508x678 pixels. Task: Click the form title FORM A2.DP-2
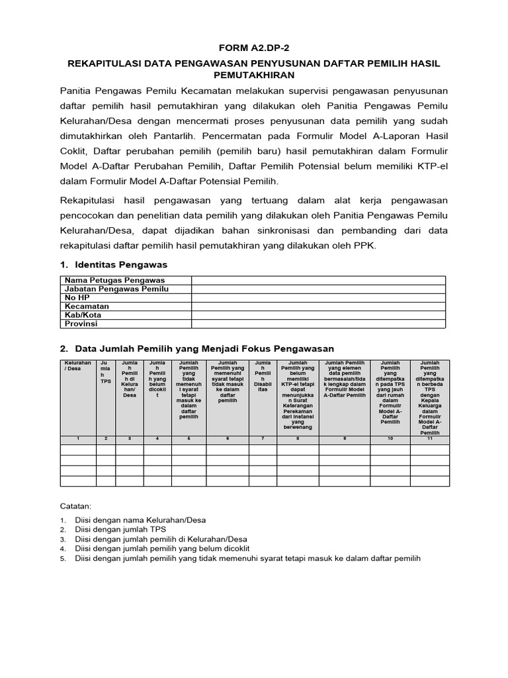(x=254, y=49)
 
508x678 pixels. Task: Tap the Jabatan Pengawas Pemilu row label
(x=116, y=289)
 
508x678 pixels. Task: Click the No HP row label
(x=75, y=298)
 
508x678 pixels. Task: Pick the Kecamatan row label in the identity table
(x=87, y=307)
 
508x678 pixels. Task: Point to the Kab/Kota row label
(x=84, y=315)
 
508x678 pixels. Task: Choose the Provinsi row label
(x=82, y=324)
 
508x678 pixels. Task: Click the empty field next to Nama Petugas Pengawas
(x=319, y=281)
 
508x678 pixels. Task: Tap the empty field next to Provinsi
(x=319, y=324)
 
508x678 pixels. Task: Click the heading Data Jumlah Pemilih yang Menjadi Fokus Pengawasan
(x=204, y=348)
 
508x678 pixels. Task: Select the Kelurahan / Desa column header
(x=78, y=366)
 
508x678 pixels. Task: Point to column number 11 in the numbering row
(x=430, y=439)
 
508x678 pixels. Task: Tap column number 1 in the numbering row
(x=78, y=439)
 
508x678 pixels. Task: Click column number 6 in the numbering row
(x=228, y=439)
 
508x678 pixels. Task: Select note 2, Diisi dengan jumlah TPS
(x=120, y=530)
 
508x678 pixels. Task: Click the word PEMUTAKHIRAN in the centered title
(x=254, y=75)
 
